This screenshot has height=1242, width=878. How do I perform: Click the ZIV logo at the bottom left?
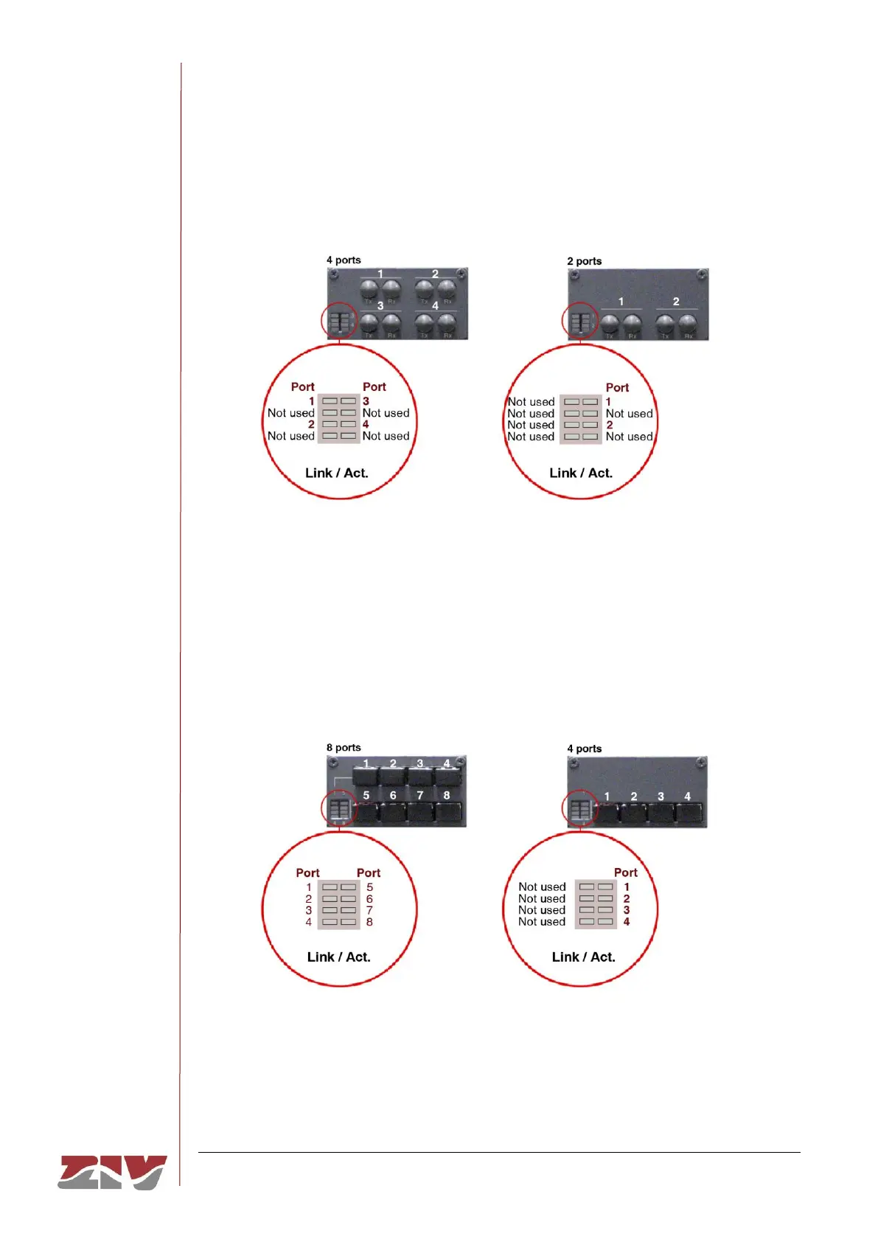point(112,1172)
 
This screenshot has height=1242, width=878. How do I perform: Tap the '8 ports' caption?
point(344,747)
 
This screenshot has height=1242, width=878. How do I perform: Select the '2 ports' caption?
point(584,261)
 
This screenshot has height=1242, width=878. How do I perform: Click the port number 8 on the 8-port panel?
point(447,795)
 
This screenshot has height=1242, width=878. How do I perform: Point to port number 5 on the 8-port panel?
point(366,795)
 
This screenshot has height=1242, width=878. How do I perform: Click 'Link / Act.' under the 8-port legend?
point(338,957)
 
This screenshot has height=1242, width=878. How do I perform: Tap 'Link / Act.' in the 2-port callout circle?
point(581,473)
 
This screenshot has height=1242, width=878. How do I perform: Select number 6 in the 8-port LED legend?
point(369,899)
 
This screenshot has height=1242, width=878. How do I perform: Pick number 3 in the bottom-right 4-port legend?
point(627,910)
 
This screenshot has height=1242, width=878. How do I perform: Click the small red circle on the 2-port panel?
point(580,322)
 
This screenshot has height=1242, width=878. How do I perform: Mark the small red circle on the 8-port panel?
point(339,809)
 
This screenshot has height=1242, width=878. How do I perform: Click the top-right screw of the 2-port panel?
point(701,275)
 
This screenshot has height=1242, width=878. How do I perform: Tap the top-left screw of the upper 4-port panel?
point(335,274)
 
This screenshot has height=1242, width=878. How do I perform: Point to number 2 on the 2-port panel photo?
point(676,302)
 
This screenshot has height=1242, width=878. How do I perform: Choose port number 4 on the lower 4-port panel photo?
point(688,797)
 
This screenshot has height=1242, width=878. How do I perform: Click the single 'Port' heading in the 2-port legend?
point(617,387)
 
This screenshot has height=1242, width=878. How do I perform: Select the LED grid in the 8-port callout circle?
point(339,904)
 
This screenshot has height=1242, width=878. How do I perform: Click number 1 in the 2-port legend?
point(608,402)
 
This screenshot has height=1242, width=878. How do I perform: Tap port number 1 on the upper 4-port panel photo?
point(380,274)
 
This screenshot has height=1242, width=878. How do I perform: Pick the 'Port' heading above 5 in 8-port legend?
point(369,872)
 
